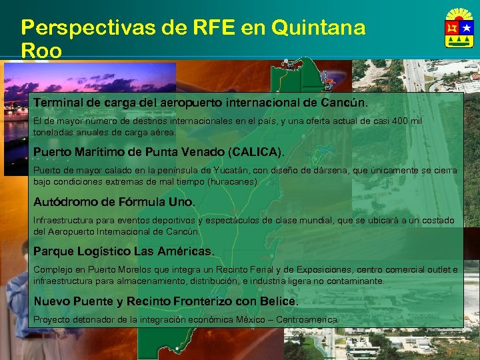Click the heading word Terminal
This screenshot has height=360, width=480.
click(x=59, y=103)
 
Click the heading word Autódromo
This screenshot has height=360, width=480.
click(x=64, y=201)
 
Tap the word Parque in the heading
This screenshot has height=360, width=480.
click(x=53, y=251)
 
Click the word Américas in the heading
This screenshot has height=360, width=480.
click(x=186, y=251)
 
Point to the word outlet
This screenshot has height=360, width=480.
click(x=437, y=270)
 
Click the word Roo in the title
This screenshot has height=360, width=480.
click(x=41, y=51)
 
